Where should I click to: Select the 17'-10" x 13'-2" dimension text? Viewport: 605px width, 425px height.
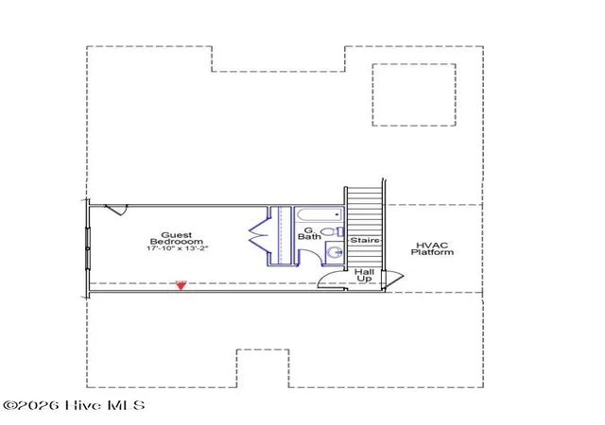[x=177, y=248]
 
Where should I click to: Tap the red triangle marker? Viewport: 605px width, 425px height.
[x=181, y=285]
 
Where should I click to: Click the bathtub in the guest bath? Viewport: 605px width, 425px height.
[x=320, y=214]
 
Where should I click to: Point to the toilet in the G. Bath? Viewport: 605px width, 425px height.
[x=332, y=231]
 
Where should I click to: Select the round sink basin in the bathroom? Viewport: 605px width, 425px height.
[x=334, y=252]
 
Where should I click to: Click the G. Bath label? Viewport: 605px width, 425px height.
[x=309, y=233]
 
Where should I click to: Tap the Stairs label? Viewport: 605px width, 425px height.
[x=365, y=240]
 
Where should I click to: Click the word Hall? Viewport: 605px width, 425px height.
[x=365, y=272]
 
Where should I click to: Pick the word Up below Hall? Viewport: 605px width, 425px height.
[x=365, y=279]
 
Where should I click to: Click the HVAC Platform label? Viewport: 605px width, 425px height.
[x=432, y=248]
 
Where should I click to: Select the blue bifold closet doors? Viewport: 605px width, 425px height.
[x=258, y=236]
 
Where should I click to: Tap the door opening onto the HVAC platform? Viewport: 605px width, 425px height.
[x=393, y=279]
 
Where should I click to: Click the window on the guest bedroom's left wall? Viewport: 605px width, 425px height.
[x=88, y=247]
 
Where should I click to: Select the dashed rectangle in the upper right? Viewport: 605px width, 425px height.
[x=414, y=94]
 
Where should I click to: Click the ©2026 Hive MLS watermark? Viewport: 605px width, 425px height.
[x=74, y=405]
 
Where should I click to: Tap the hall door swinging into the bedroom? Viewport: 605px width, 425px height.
[x=331, y=280]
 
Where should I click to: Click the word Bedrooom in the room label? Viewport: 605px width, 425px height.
[x=177, y=242]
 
